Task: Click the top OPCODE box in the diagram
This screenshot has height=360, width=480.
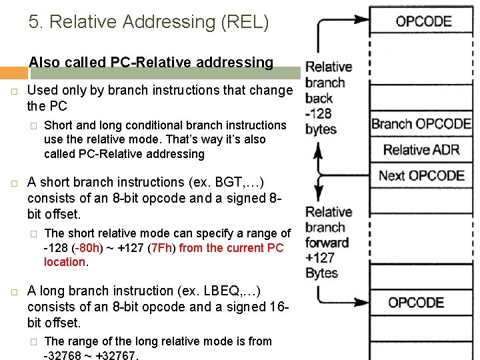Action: point(423,21)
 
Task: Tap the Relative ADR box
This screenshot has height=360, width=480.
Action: point(421,149)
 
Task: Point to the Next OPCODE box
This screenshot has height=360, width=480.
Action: point(421,175)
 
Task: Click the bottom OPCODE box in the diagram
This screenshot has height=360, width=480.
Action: point(416,303)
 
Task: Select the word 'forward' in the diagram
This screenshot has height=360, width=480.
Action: point(327,243)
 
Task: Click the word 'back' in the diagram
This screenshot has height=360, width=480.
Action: point(319,98)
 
